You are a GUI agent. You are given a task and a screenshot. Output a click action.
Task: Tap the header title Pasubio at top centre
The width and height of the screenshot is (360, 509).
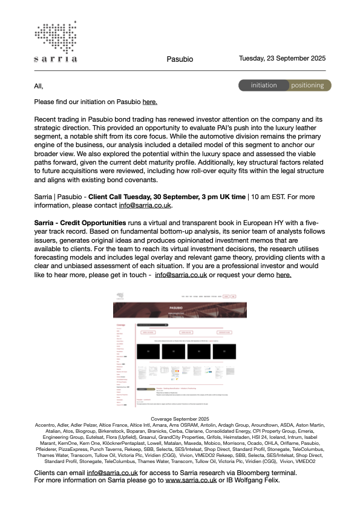click(180, 60)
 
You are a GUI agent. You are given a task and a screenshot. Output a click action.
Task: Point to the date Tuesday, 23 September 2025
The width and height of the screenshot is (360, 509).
click(282, 59)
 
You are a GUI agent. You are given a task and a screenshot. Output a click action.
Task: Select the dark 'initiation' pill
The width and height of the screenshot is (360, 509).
click(264, 85)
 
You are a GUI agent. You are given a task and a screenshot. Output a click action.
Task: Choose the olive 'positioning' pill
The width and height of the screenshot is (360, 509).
click(307, 85)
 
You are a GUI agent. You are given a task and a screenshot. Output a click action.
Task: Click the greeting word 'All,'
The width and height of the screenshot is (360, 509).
click(39, 86)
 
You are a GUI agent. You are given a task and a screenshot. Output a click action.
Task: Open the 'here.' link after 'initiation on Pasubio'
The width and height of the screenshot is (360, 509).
click(149, 102)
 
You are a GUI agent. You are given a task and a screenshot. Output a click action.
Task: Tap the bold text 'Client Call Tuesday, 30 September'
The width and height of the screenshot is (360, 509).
click(159, 180)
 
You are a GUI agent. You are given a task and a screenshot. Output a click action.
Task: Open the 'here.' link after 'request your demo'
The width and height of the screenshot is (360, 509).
click(284, 275)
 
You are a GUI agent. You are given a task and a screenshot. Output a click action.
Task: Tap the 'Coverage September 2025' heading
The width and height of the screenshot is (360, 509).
click(180, 419)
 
